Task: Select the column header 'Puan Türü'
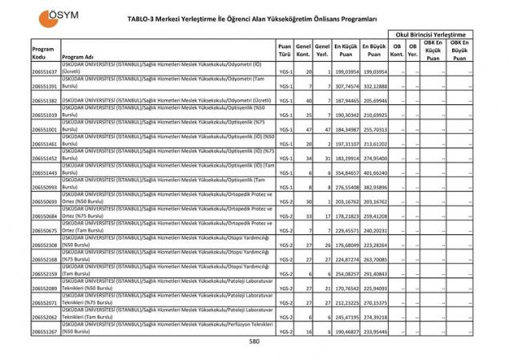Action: click(x=285, y=52)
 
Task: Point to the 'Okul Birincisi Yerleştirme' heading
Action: click(x=429, y=34)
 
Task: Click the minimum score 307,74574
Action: click(x=346, y=86)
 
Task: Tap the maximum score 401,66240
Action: click(x=375, y=172)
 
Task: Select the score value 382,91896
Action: click(x=375, y=187)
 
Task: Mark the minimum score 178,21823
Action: click(x=346, y=216)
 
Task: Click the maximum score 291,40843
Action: click(x=375, y=273)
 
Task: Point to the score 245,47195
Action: click(x=346, y=317)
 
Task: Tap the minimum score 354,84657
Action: click(x=346, y=172)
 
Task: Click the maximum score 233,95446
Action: click(x=375, y=330)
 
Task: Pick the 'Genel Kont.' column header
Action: click(x=303, y=52)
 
